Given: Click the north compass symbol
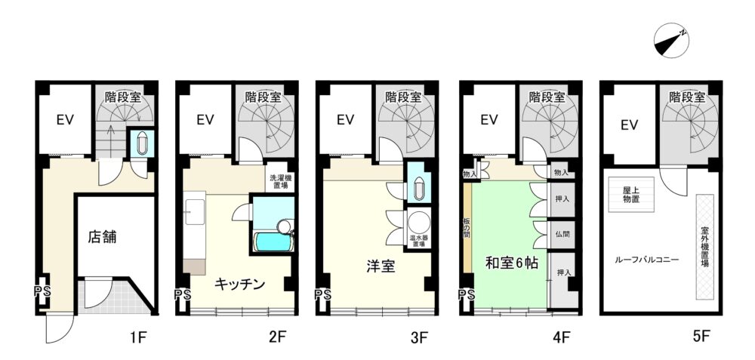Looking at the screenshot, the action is tap(671, 41).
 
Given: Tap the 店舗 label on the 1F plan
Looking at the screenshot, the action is tap(102, 237).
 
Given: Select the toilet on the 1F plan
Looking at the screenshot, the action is tap(143, 143).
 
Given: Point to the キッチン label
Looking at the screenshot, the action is tap(239, 285).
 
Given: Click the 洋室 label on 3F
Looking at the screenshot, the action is tap(381, 266).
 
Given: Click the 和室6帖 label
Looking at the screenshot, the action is tap(511, 263).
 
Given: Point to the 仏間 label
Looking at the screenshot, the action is tap(562, 235).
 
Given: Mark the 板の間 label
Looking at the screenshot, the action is tap(467, 228).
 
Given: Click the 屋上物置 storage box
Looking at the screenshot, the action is tap(632, 195).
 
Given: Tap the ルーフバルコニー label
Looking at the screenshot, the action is tap(647, 260).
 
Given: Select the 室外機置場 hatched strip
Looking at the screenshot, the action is tap(704, 247).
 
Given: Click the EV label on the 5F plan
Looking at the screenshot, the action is tap(630, 125).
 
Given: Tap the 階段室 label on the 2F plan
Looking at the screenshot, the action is tap(263, 97).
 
